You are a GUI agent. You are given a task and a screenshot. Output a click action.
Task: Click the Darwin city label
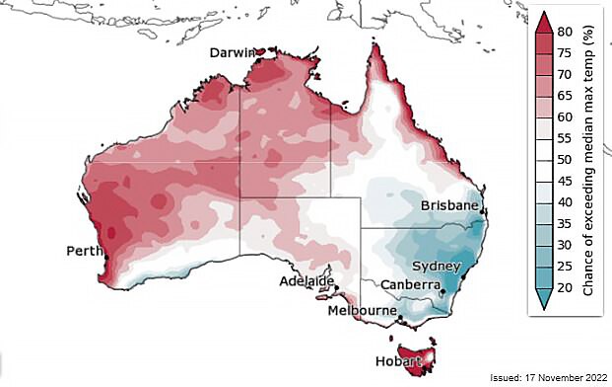(233, 53)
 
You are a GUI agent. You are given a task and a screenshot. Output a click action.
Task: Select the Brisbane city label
(449, 206)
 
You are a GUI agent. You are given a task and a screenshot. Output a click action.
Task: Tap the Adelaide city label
(302, 281)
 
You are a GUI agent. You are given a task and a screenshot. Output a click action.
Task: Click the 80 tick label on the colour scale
(565, 31)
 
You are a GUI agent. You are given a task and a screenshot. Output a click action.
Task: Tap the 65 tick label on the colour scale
(565, 96)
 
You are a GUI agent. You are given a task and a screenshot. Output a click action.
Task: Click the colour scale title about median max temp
(589, 162)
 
